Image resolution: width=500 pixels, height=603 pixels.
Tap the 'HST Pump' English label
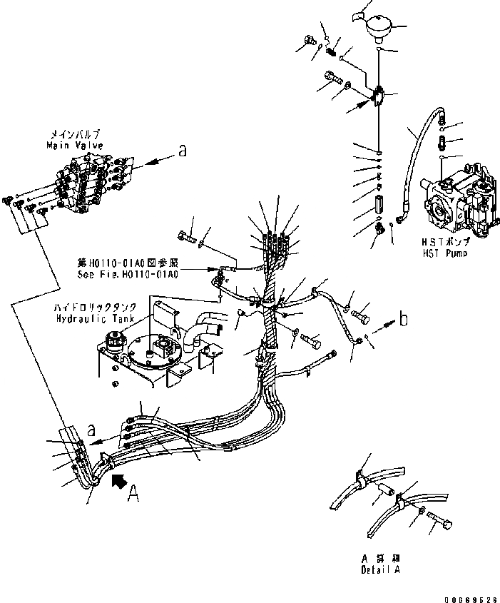coord(445,253)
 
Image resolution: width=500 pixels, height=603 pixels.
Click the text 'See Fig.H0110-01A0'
coord(128,273)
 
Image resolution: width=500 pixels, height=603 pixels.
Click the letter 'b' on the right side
coord(403,319)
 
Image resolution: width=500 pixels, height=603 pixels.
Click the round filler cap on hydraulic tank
coord(113,340)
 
